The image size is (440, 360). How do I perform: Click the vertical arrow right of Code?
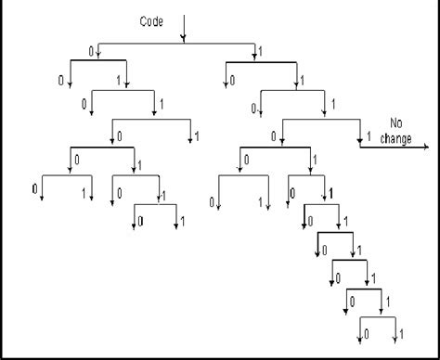pos(183,28)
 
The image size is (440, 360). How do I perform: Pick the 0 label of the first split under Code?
pos(92,52)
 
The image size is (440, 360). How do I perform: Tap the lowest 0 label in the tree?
pos(366,332)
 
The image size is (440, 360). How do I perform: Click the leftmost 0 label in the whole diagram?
pos(34,189)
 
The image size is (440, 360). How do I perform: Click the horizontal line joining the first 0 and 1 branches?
pos(176,43)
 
